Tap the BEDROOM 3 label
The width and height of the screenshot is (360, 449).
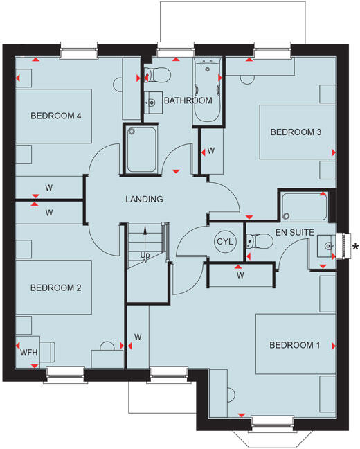pyautogui.click(x=296, y=132)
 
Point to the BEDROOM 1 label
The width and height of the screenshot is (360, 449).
pyautogui.click(x=295, y=345)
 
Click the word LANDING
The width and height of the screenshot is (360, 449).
pyautogui.click(x=144, y=200)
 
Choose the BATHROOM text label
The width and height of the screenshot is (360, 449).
pyautogui.click(x=188, y=101)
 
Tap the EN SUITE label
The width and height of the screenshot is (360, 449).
pyautogui.click(x=296, y=233)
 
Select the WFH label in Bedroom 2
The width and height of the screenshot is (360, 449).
pyautogui.click(x=28, y=353)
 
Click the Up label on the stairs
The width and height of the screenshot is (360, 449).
pyautogui.click(x=145, y=255)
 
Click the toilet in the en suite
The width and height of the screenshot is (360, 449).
pyautogui.click(x=261, y=242)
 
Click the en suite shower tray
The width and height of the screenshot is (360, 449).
pyautogui.click(x=303, y=205)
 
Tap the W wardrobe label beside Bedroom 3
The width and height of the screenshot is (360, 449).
pyautogui.click(x=211, y=150)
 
